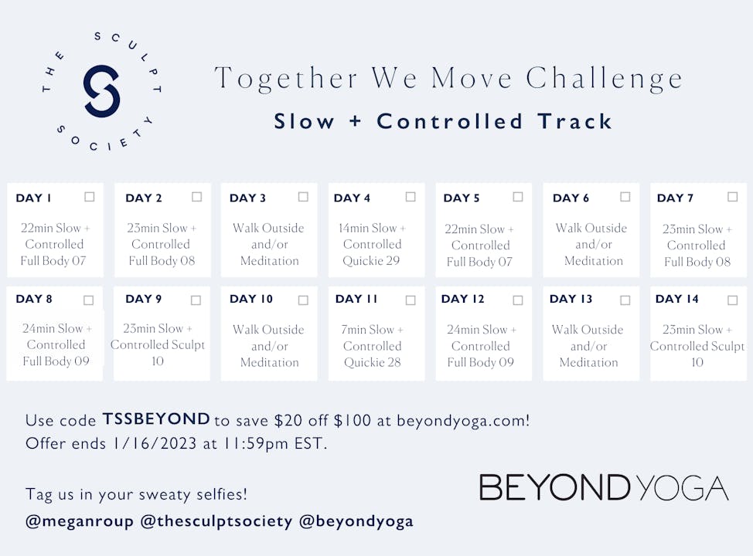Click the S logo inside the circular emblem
click(x=101, y=91)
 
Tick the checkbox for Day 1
click(x=90, y=197)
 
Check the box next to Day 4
click(x=411, y=197)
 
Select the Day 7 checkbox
click(x=732, y=197)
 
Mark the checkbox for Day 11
click(x=411, y=300)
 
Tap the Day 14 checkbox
click(x=732, y=300)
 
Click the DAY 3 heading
click(x=247, y=198)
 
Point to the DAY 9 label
click(x=143, y=299)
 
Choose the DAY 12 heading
click(x=462, y=299)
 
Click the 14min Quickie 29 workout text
click(x=373, y=244)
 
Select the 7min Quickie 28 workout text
click(x=373, y=346)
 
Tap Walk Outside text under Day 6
click(x=591, y=229)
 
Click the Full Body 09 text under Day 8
click(x=56, y=361)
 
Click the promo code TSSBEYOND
click(x=156, y=419)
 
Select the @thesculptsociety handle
click(x=216, y=521)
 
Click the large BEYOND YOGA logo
click(x=604, y=488)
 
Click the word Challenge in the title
click(x=605, y=79)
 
